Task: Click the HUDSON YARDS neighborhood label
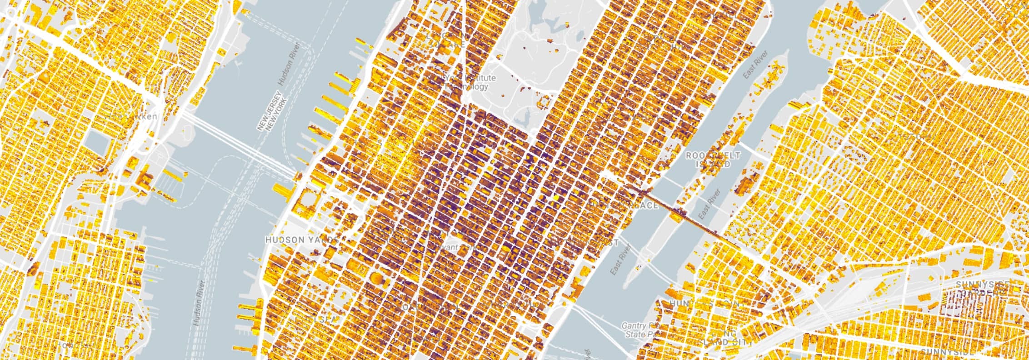tap(301, 240)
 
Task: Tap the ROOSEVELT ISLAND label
tap(713, 160)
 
